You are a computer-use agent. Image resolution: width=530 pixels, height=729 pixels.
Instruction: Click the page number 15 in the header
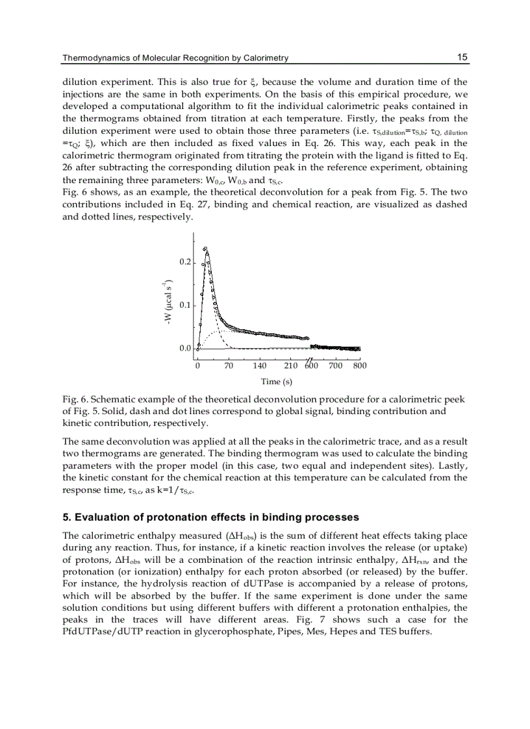[462, 57]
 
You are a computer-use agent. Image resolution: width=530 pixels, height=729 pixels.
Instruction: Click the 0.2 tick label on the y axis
[185, 262]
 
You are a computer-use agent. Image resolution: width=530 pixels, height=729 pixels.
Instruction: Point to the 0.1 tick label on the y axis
[185, 305]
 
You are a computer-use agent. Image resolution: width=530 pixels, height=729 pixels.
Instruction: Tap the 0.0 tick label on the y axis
[185, 349]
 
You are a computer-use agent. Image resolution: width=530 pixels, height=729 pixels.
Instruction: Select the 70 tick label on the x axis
[229, 365]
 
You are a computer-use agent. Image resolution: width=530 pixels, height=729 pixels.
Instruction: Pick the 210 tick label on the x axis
[291, 365]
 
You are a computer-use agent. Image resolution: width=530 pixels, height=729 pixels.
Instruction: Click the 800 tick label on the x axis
[359, 365]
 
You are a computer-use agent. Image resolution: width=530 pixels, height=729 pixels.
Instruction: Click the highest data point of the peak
[206, 248]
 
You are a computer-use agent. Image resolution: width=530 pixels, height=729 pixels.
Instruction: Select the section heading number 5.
[65, 517]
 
